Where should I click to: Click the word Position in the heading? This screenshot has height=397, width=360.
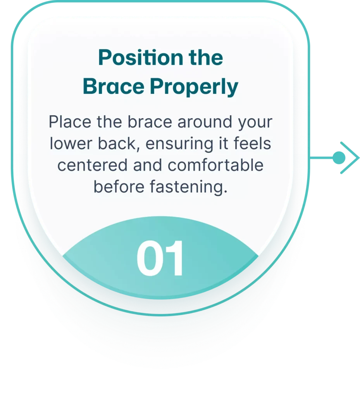pos(141,57)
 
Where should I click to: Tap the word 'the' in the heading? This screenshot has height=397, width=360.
pos(206,57)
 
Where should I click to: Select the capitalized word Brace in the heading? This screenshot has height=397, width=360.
pos(114,86)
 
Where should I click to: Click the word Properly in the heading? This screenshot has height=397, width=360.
pos(194,87)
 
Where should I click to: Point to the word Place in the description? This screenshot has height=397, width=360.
pos(70,122)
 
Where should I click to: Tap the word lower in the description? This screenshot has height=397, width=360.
pos(71,143)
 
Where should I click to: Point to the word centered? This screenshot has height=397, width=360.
pos(92,165)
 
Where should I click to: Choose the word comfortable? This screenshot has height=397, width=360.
pos(215,165)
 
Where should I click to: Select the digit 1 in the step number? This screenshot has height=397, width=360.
pos(175,258)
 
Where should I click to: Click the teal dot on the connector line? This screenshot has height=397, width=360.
pos(339,158)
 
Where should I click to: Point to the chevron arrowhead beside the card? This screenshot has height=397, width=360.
pos(350,158)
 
